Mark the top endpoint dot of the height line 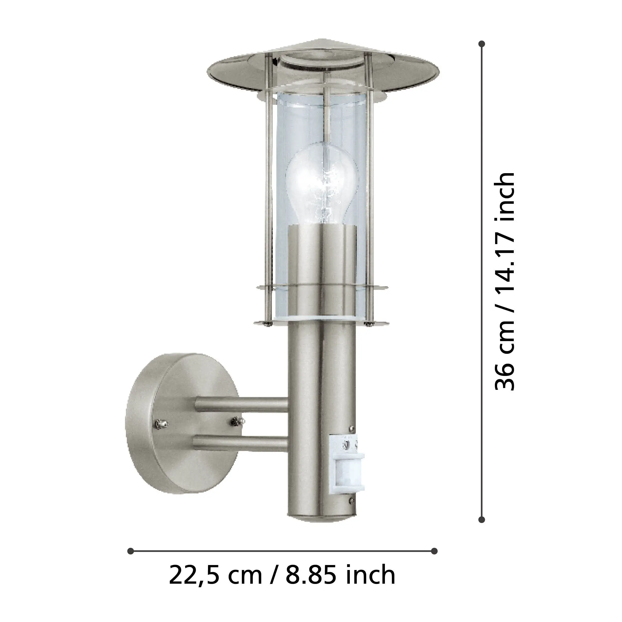[x=482, y=44]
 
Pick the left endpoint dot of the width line [x=130, y=551]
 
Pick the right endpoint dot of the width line [x=434, y=551]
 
